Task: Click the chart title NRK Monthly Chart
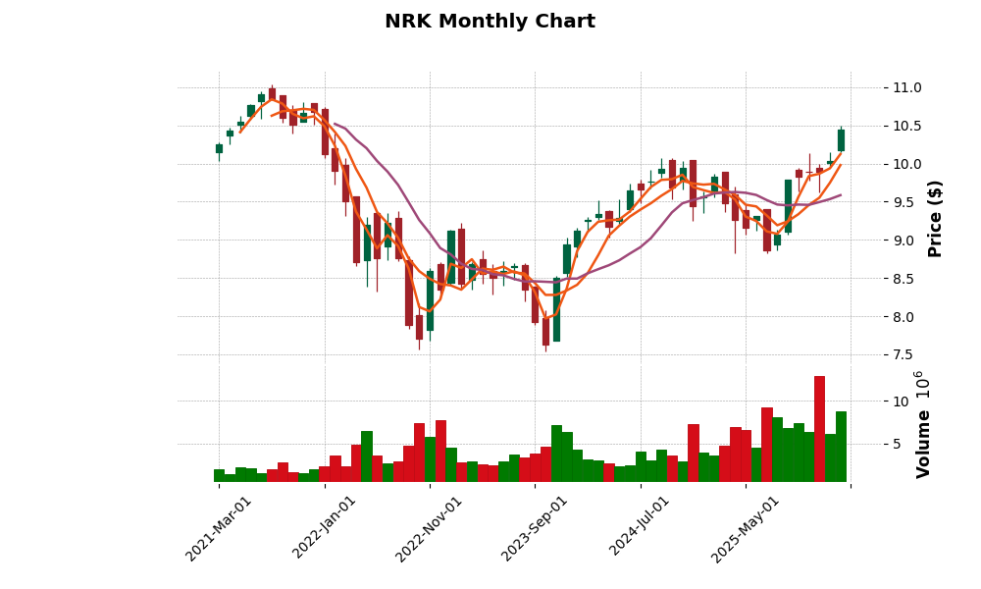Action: pos(490,22)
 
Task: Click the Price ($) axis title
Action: pos(936,218)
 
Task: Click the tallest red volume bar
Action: pos(819,429)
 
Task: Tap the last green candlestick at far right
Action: pos(841,139)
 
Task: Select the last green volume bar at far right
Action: pos(841,447)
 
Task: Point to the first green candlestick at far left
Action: pos(219,148)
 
